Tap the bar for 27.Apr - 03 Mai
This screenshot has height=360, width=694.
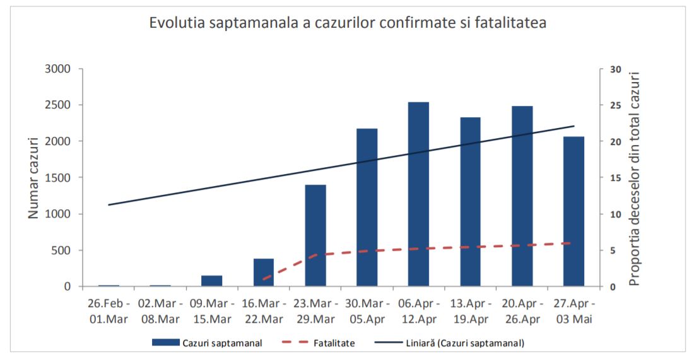tap(573, 211)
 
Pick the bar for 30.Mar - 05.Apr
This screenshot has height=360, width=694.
tap(367, 207)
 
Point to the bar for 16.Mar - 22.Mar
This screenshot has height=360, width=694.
tap(264, 272)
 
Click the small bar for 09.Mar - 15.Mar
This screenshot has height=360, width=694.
tap(212, 281)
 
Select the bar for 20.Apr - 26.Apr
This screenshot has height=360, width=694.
tap(522, 196)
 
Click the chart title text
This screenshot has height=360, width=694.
tap(348, 23)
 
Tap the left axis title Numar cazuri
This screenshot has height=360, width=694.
tap(34, 178)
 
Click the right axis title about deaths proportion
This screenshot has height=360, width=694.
tap(634, 178)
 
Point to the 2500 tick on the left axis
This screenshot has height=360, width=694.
tap(57, 105)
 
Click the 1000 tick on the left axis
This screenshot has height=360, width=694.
tap(57, 214)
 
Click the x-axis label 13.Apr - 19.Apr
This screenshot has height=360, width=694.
tap(470, 311)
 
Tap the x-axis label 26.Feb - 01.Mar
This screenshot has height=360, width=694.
tap(109, 311)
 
